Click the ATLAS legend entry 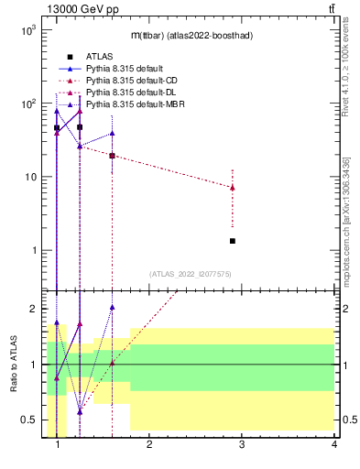(x=98, y=57)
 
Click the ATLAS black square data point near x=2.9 (x=233, y=241)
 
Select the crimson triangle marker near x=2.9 (x=233, y=188)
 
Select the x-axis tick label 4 (x=334, y=446)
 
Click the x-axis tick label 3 (x=242, y=446)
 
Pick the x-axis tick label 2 (x=149, y=446)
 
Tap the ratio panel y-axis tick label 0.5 (x=27, y=420)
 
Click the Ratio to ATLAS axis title (x=14, y=365)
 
